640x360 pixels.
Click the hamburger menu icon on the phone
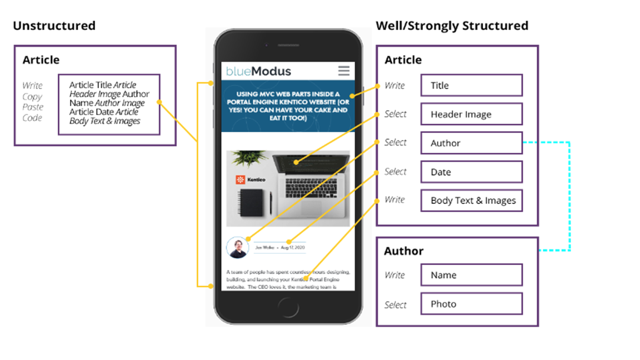click(x=344, y=71)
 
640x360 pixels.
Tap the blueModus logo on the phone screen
click(x=258, y=71)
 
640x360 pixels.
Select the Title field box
click(x=471, y=86)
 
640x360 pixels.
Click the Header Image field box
click(x=471, y=114)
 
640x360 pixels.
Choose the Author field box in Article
click(x=471, y=143)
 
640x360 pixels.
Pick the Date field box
click(x=471, y=172)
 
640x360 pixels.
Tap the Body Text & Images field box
click(x=471, y=201)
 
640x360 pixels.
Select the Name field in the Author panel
click(x=471, y=275)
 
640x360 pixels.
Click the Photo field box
click(x=471, y=304)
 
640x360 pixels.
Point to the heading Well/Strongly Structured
click(x=452, y=26)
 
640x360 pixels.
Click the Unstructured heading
click(x=54, y=26)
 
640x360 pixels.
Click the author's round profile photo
click(x=238, y=248)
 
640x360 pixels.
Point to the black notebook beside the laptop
click(x=253, y=204)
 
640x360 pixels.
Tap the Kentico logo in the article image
click(x=251, y=180)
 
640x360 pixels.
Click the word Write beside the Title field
click(x=394, y=86)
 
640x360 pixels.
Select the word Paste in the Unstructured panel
click(x=33, y=107)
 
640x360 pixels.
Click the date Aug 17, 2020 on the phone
click(x=293, y=247)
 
